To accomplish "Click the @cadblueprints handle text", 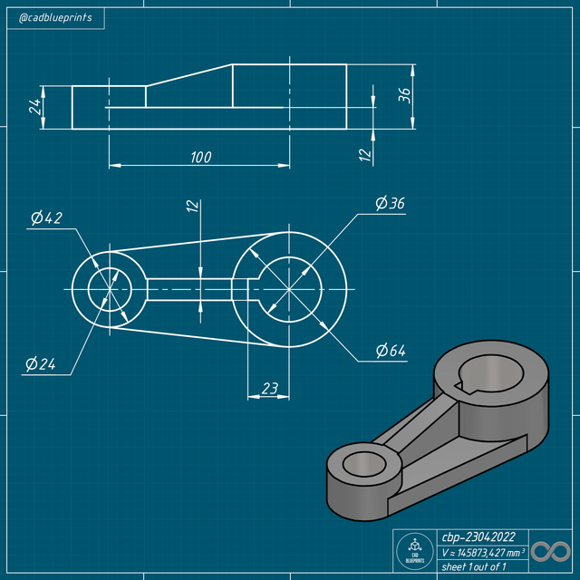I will [54, 17].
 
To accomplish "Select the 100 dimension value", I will [200, 157].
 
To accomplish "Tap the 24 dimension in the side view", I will [34, 107].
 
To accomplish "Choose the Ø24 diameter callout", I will [42, 364].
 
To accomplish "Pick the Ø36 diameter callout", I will [390, 203].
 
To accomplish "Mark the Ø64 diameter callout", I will [391, 350].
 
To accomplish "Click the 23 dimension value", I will [269, 388].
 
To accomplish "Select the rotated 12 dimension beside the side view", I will [365, 155].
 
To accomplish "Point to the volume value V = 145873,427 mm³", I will [481, 551].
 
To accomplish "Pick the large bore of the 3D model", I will [489, 372].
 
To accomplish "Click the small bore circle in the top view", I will [110, 290].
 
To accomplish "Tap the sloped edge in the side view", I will [189, 75].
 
